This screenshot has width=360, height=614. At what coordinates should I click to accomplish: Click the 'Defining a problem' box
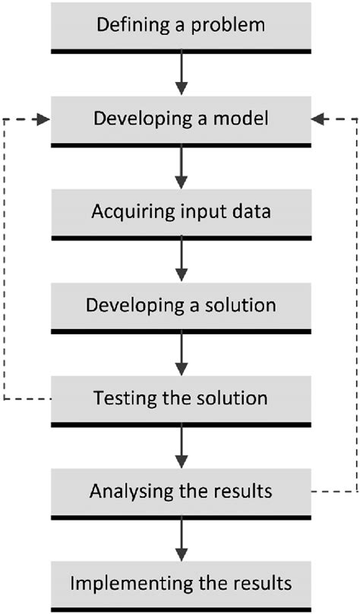point(182,28)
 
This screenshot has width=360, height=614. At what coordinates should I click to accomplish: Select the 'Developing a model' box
point(182,122)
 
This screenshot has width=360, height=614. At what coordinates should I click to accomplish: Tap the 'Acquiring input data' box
point(182,214)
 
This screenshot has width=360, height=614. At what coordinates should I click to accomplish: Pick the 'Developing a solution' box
point(182,309)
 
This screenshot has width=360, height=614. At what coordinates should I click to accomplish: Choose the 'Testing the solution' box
point(182,401)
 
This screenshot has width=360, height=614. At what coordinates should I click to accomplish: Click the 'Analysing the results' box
point(182,495)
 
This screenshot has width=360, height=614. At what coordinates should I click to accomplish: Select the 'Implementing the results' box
point(182,587)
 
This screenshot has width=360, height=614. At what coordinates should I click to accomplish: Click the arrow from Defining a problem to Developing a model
point(182,74)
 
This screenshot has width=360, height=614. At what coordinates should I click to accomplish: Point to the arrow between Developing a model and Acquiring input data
point(182,168)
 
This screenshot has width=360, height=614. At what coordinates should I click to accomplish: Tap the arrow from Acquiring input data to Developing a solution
point(182,261)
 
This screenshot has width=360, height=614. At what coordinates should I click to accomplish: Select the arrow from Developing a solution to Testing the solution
point(182,354)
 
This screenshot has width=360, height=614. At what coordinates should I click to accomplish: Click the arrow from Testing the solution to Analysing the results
point(182,448)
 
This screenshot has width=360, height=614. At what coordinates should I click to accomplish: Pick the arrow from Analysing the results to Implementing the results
point(182,540)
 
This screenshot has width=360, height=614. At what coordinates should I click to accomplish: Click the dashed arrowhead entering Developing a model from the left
point(44,119)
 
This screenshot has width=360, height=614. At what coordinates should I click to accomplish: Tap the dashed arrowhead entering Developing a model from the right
point(318,119)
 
